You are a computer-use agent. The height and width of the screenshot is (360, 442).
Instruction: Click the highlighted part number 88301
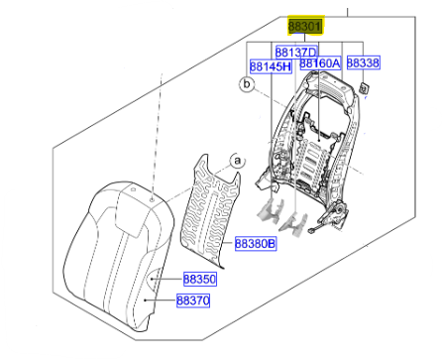point(305,26)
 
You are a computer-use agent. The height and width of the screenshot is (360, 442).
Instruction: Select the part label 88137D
point(296,53)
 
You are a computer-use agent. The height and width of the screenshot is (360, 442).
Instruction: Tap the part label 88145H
point(271,66)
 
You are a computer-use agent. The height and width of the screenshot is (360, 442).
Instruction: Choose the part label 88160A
point(320,62)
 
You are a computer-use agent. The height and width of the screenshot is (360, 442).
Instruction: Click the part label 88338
point(363,62)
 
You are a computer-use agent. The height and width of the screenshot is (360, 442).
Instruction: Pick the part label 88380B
point(255,244)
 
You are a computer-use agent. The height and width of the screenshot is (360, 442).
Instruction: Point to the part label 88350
point(199,279)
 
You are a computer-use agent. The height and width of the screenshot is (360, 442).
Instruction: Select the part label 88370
point(193,300)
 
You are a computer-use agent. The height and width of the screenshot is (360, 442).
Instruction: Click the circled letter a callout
point(237,162)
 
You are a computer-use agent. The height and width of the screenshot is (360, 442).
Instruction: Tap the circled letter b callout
point(247,84)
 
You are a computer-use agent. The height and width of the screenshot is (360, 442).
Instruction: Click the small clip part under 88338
point(364,88)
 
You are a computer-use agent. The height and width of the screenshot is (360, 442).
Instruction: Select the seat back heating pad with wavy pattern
point(211,211)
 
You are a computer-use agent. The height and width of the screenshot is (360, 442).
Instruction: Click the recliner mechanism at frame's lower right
point(334,214)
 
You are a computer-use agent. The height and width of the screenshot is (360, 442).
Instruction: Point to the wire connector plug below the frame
point(311,231)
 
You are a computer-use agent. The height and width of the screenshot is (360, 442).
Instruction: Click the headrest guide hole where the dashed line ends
point(152,200)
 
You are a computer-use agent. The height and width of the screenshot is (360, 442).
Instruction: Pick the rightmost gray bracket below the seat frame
point(294,224)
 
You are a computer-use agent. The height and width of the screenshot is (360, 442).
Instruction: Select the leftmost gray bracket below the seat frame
point(271,210)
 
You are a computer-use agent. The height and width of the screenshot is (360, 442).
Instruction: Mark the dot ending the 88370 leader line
point(146,300)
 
